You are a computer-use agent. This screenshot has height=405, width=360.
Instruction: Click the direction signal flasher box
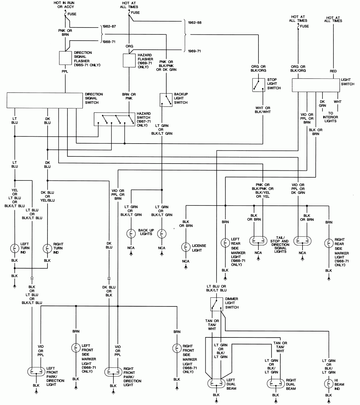coord(65,58)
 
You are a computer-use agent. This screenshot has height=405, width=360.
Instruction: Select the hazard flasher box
coord(129,60)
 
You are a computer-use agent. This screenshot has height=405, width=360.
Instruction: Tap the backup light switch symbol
coord(166,100)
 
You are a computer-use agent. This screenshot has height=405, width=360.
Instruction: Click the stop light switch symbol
coord(258,85)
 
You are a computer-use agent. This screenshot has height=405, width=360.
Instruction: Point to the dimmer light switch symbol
coord(216,304)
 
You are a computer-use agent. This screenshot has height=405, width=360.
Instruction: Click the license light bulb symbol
coord(186,247)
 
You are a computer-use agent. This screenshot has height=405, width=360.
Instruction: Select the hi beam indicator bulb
coord(328,383)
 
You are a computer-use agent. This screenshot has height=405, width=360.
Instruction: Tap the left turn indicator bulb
coord(15,248)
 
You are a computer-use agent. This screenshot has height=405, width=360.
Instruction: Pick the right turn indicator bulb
coord(47,248)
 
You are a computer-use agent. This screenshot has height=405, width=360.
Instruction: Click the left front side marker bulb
coord(76,348)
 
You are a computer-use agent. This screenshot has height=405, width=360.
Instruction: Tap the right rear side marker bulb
coord(328,243)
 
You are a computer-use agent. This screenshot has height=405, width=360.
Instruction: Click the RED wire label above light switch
coord(333,71)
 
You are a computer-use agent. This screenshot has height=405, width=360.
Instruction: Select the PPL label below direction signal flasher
coord(65,72)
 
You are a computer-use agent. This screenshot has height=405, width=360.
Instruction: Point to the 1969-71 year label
coord(194,51)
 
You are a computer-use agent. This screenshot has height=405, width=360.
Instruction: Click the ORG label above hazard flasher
coord(129,46)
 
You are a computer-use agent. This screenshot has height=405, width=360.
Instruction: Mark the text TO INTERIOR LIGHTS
coord(331,117)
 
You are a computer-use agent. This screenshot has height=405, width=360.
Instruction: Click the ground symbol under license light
coord(186,267)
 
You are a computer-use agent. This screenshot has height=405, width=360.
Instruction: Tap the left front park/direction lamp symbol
coord(37,371)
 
